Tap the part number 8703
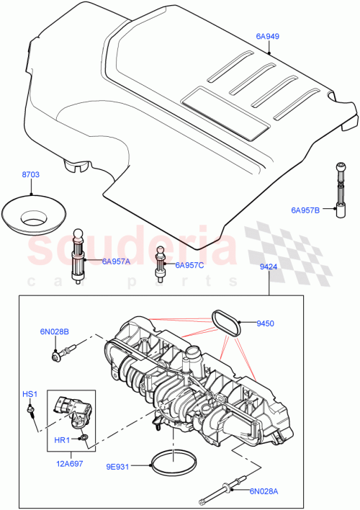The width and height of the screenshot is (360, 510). [x=31, y=176]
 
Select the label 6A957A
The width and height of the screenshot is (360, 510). [x=114, y=261]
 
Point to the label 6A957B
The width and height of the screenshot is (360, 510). [x=305, y=210]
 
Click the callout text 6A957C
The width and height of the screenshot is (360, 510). [x=189, y=265]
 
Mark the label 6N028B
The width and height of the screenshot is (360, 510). [x=55, y=332]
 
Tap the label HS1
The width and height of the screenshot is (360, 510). [x=30, y=394]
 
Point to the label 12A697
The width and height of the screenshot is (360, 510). [x=70, y=464]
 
